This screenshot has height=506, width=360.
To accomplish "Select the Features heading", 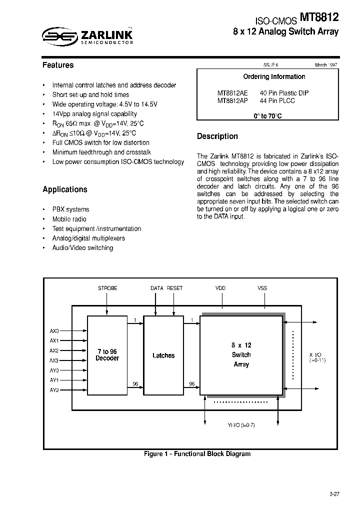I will [58, 65].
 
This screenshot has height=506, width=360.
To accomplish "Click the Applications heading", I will [65, 189].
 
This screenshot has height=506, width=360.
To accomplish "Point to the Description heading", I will [217, 136].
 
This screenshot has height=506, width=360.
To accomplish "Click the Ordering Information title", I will [274, 76].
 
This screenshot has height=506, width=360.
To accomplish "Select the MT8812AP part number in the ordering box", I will [232, 100].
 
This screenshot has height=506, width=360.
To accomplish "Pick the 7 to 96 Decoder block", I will [107, 355].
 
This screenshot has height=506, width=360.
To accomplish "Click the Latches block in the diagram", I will [163, 355].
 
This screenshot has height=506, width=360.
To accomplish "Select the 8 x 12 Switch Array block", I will [241, 355].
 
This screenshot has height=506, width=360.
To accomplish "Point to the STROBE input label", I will [107, 288].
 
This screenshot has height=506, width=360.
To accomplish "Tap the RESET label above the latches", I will [174, 288].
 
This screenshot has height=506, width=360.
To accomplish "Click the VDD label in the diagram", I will [220, 288].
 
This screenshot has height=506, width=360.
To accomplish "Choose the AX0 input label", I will [54, 331].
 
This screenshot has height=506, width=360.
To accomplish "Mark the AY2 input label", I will [54, 390].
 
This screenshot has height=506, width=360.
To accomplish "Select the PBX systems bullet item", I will [70, 209].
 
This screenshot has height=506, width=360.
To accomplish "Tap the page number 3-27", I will [334, 494].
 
